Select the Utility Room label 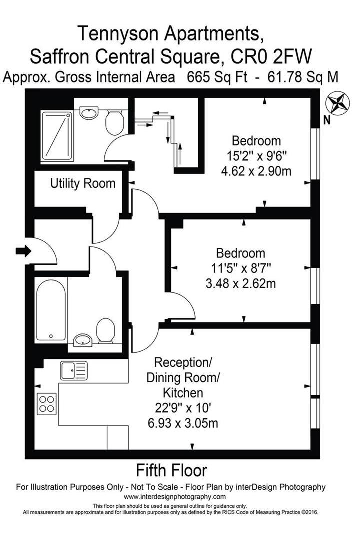point(83,184)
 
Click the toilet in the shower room point(115,122)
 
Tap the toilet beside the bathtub point(105,330)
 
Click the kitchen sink point(74,371)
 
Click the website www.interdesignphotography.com point(174,497)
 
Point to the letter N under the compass point(326,120)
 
